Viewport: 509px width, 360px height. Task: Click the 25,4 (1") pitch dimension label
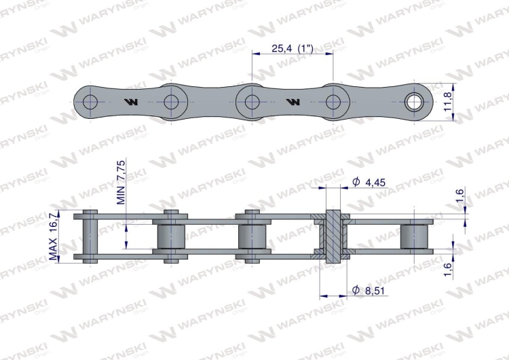tap(292, 48)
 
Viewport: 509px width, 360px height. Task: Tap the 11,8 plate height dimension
tap(448, 102)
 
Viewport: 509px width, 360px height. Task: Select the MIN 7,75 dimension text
tap(121, 182)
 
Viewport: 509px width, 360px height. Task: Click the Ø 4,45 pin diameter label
tap(369, 182)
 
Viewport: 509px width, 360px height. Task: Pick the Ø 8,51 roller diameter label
tap(369, 290)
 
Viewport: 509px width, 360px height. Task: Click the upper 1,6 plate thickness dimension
tap(460, 196)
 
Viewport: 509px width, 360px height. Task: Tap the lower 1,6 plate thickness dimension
tap(448, 270)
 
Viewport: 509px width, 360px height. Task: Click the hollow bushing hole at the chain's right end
tap(414, 102)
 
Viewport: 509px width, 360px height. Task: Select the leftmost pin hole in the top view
tap(90, 102)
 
